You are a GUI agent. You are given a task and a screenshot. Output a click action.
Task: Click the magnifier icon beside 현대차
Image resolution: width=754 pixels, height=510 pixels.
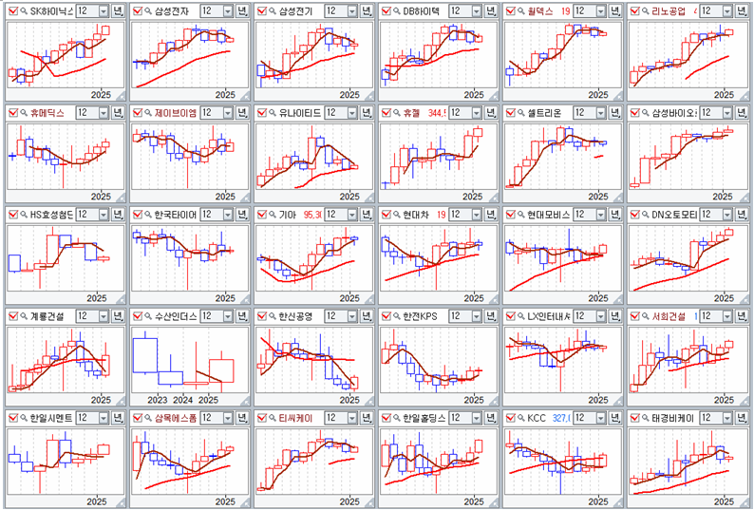tap(397, 215)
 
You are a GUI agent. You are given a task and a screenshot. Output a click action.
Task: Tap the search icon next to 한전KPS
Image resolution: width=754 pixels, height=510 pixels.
tap(397, 316)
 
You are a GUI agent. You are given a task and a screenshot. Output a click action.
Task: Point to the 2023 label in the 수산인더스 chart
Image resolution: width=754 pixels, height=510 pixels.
tap(158, 400)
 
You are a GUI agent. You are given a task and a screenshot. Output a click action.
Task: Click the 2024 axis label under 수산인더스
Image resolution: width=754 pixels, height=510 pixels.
tap(183, 400)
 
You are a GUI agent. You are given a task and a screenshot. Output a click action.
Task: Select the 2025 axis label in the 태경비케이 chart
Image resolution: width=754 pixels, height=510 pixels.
tap(724, 501)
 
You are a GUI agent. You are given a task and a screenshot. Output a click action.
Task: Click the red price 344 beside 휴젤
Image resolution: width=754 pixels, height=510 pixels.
tap(435, 112)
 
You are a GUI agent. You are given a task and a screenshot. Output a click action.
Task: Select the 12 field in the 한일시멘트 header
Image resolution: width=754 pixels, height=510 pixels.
tap(83, 418)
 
